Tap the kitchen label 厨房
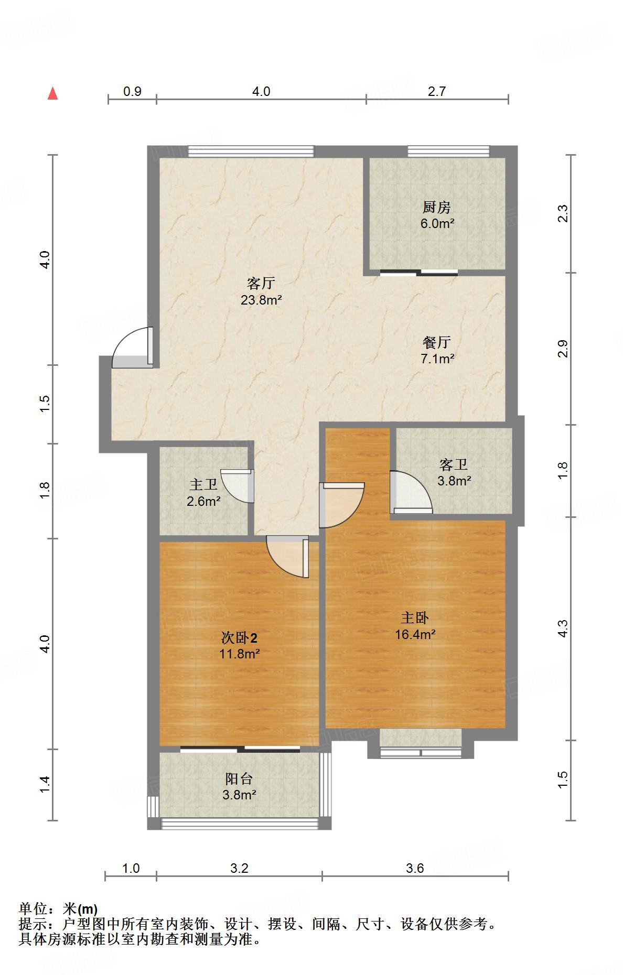tap(436, 207)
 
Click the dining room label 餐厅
tap(436, 342)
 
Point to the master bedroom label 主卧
tap(415, 617)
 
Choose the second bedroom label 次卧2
tap(239, 638)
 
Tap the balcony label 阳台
tap(239, 778)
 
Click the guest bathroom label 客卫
tap(454, 464)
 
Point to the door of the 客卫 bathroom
tap(411, 492)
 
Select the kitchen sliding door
tap(418, 272)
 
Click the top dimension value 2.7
tap(436, 92)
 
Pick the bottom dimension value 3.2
tap(239, 869)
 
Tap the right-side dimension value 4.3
tap(562, 629)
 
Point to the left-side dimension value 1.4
tap(45, 784)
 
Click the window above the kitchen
tap(448, 151)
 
